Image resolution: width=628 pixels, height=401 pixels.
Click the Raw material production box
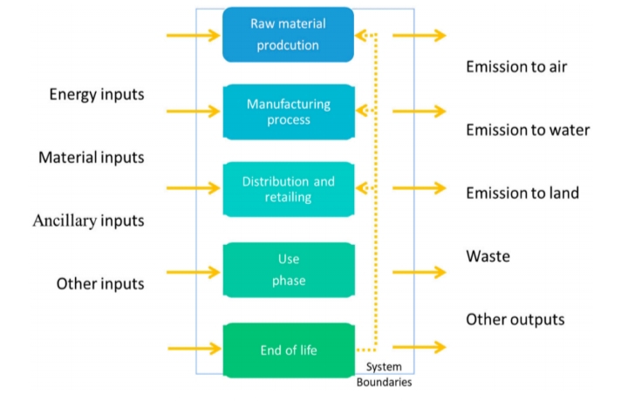(x=288, y=35)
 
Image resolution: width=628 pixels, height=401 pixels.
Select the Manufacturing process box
(x=288, y=112)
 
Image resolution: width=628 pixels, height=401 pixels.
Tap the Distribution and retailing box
(x=288, y=189)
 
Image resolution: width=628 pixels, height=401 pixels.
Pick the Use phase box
(x=288, y=269)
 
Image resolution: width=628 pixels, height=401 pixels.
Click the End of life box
(x=288, y=350)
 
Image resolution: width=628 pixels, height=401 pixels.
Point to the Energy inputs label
(x=96, y=94)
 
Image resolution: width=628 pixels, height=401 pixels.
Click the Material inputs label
(x=91, y=158)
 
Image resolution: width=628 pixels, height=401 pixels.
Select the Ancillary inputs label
(x=88, y=221)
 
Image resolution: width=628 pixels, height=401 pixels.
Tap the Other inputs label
(x=100, y=283)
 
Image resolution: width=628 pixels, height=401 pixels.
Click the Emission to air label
(x=516, y=67)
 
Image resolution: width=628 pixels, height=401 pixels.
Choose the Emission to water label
(x=528, y=130)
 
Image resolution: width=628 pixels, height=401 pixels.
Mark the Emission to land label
(x=522, y=193)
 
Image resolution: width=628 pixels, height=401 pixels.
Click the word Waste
(x=488, y=256)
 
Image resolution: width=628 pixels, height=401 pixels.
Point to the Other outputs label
(x=515, y=319)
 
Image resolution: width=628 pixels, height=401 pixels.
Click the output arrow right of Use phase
(x=419, y=272)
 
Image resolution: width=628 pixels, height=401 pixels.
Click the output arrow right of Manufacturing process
(x=419, y=112)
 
